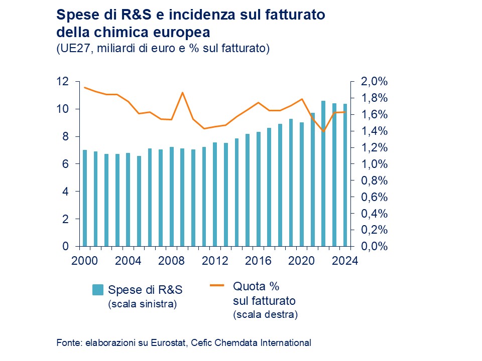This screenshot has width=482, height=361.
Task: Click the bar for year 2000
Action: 85,198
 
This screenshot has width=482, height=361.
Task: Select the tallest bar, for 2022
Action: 323,173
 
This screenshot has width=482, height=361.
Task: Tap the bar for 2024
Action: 345,175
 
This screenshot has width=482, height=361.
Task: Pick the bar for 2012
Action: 215,195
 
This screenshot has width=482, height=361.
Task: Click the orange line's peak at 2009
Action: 182,93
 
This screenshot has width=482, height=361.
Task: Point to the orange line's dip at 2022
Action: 323,131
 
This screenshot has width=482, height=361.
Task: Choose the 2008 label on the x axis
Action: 172,261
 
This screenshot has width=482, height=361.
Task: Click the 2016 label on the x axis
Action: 258,261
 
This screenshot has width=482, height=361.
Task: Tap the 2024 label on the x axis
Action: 344,261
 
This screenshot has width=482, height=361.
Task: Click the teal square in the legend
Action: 98,290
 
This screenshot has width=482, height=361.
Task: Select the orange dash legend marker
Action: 216,286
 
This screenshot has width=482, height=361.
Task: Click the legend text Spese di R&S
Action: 145,290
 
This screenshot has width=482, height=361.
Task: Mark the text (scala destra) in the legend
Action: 265,315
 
